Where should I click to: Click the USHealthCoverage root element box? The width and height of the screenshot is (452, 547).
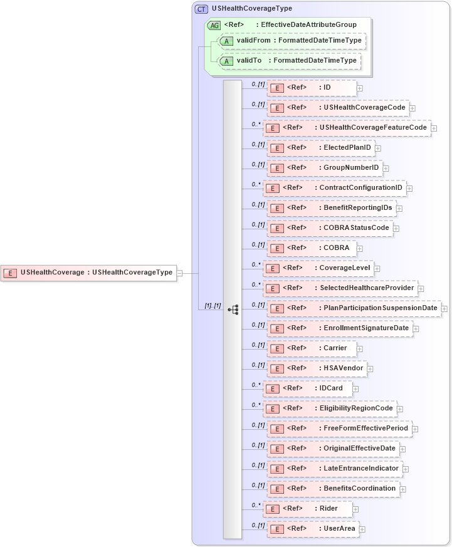coord(88,273)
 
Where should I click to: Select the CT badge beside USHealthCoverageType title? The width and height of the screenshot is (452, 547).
coord(202,9)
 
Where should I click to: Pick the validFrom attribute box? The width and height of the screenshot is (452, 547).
coord(292,41)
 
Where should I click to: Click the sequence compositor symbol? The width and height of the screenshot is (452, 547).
coord(233,309)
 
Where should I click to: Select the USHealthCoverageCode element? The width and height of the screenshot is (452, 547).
coord(338,108)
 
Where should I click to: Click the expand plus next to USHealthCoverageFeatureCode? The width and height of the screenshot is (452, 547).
coord(434,128)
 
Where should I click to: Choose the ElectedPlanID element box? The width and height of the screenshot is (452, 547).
coord(320,148)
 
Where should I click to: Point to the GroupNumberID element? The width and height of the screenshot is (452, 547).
coord(325,168)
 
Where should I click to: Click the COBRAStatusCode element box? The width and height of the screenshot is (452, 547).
coord(330,228)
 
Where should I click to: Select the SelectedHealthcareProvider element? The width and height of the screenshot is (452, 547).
coord(340,288)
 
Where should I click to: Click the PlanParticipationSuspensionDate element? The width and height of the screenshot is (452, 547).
coord(354,308)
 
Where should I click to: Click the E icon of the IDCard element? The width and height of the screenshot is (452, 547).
coord(272,389)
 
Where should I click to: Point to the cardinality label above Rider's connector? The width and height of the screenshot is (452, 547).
coord(256,504)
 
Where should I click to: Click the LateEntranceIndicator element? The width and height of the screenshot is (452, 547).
coord(335,469)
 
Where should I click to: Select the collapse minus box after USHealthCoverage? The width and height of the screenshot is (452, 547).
coord(179,273)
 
